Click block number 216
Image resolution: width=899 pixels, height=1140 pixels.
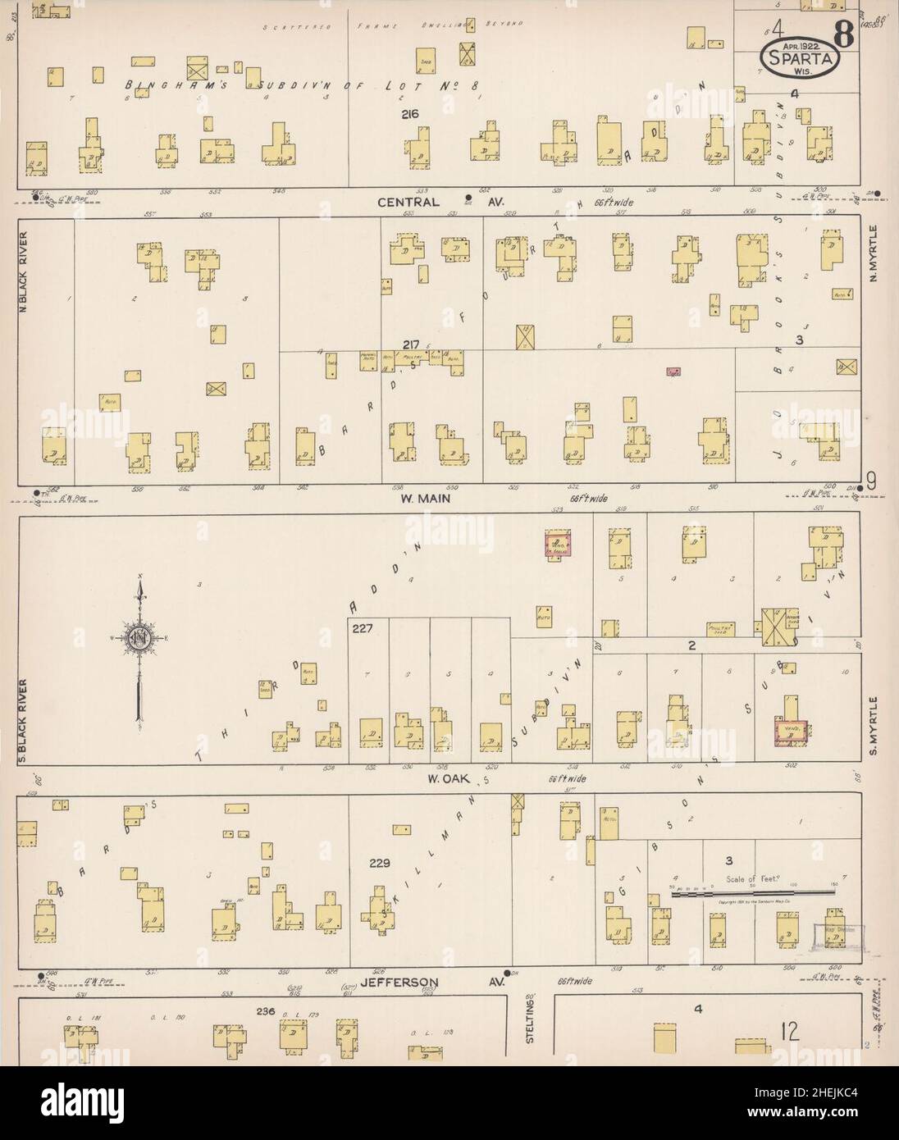point(410,115)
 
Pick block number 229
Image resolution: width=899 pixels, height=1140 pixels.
point(380,863)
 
